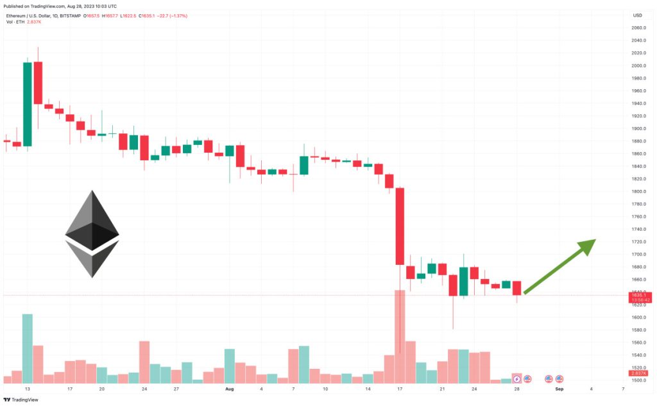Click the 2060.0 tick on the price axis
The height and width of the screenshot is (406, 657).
tap(638, 28)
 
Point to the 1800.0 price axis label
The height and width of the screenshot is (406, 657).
tap(638, 192)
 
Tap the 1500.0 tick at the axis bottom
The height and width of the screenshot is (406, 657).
tap(638, 380)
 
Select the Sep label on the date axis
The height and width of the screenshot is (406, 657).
tap(559, 389)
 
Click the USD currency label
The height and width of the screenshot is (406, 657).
tap(637, 15)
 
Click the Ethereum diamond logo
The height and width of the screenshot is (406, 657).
tap(92, 233)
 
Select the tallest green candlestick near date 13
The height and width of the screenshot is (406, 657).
tap(28, 103)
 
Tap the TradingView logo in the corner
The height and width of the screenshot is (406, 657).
tap(20, 400)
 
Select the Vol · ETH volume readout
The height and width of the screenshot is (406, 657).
tap(24, 22)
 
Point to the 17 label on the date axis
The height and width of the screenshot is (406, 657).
tap(400, 389)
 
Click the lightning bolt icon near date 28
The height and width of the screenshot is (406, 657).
tap(517, 379)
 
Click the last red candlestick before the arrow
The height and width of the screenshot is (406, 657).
tap(517, 288)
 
